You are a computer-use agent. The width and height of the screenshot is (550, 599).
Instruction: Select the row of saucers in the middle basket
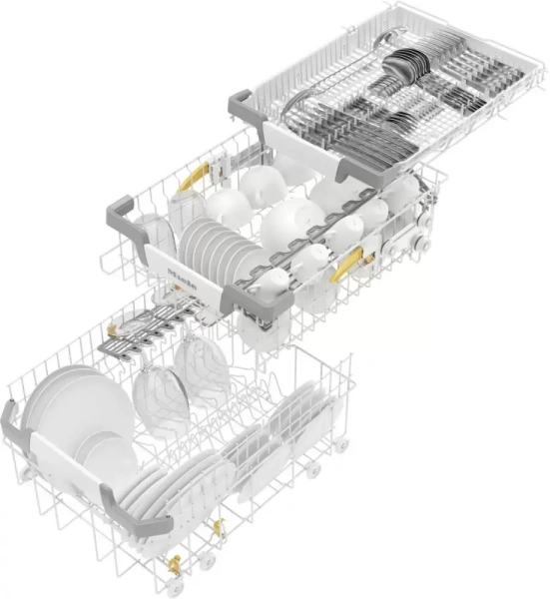coord(212,244)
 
